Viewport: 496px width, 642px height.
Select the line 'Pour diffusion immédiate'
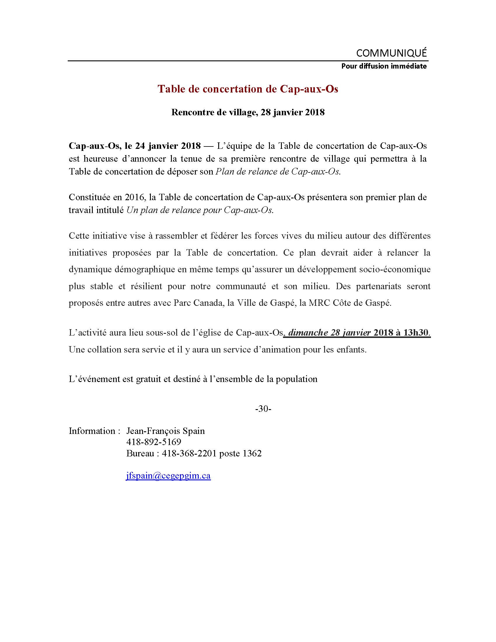(384, 66)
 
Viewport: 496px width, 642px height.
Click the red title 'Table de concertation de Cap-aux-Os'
(248, 89)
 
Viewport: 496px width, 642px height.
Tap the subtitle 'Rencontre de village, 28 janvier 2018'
(248, 112)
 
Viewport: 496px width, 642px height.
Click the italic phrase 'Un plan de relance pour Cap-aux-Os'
(200, 210)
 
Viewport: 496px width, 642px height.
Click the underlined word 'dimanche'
(308, 333)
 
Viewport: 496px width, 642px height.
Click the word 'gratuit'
(149, 379)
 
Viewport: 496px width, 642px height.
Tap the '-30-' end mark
(263, 409)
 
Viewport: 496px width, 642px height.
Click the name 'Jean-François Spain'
(165, 431)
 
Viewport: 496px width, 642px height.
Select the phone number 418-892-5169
(154, 442)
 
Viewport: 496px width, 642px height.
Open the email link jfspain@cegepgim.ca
(168, 476)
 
